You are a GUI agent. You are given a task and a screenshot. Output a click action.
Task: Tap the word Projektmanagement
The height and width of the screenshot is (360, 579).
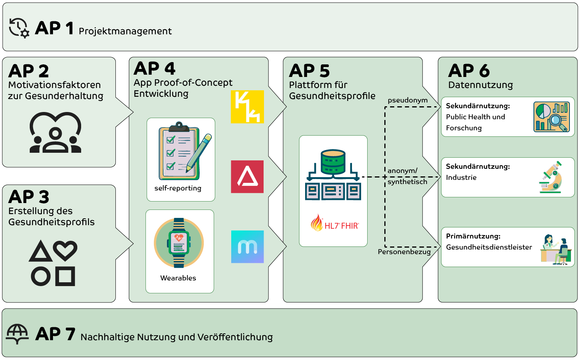pos(125,31)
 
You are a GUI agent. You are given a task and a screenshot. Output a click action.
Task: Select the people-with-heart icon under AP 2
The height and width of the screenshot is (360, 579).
pos(56,133)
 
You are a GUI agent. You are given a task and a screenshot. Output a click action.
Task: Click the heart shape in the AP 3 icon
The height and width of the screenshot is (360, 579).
pos(65,250)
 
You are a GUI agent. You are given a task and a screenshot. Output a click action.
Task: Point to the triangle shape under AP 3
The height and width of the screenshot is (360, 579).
pos(41,252)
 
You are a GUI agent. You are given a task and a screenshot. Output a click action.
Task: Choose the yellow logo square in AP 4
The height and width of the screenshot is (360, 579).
pos(247,107)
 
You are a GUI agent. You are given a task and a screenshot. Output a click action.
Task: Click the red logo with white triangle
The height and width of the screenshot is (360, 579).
pos(247,177)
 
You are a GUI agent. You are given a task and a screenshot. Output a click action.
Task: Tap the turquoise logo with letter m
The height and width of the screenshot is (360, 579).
pos(247,247)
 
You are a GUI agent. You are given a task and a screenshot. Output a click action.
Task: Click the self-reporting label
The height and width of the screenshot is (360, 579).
pos(178,188)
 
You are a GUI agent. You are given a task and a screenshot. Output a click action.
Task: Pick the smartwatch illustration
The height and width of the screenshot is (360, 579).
pos(179,243)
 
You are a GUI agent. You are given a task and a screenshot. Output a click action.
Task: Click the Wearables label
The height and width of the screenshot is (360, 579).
pos(178,278)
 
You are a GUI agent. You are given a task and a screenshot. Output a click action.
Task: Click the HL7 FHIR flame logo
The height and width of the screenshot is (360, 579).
pos(334,224)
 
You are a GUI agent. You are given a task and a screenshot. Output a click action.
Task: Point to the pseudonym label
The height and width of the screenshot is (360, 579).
pos(408,101)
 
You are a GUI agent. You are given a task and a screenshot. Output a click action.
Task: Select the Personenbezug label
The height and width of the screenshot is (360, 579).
pos(404,252)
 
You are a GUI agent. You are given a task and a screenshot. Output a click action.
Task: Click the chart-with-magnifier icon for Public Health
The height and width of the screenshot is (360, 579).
pos(552,117)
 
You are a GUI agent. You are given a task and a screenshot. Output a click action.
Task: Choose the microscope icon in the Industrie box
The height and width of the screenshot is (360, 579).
pos(551,177)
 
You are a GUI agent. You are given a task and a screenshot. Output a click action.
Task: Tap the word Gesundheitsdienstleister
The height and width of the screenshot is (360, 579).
pos(489,247)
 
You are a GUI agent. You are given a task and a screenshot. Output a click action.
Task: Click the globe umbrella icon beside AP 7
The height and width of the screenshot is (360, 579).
pos(17,334)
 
